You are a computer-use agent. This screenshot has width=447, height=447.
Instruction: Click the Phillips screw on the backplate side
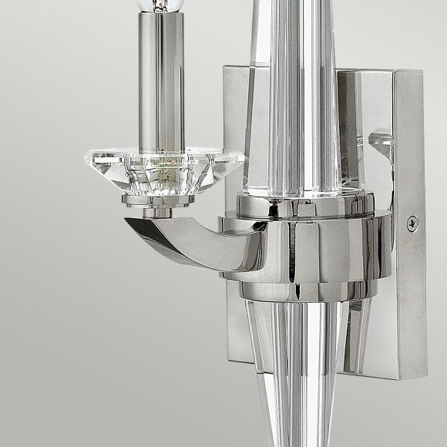click(412, 223)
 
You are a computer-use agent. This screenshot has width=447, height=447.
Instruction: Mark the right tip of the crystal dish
click(244, 160)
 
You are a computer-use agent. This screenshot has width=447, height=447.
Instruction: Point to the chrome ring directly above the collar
click(308, 204)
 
